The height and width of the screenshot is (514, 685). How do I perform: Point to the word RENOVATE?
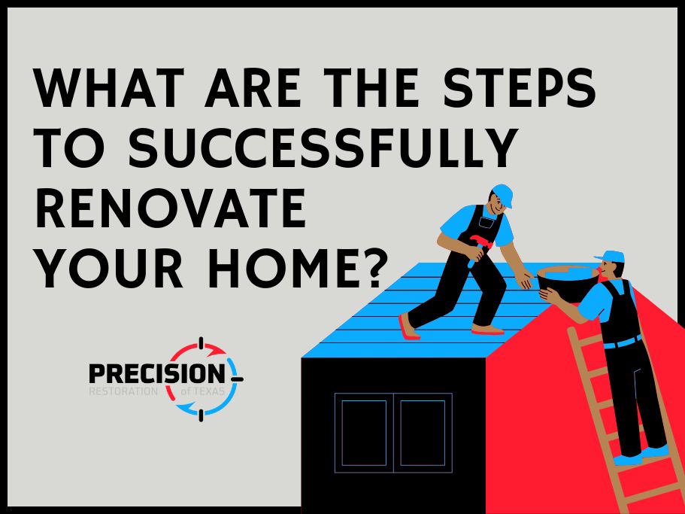(171, 208)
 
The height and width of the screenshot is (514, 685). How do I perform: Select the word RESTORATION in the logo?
(123, 391)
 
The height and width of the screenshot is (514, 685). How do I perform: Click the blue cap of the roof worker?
(502, 193)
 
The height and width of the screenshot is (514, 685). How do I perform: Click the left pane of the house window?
(364, 433)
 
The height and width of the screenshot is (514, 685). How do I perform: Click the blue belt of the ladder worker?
(623, 342)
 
